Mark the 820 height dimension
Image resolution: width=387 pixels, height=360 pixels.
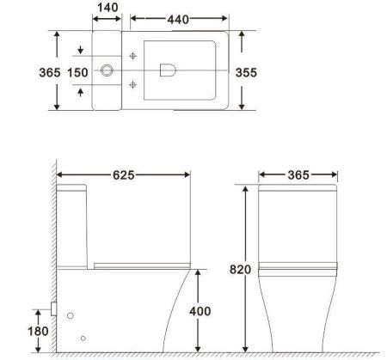click(241, 270)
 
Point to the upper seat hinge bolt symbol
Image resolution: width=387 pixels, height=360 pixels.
click(132, 57)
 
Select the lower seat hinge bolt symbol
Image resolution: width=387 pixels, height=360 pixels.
click(132, 83)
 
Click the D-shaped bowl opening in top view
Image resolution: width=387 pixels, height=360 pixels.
click(169, 70)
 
